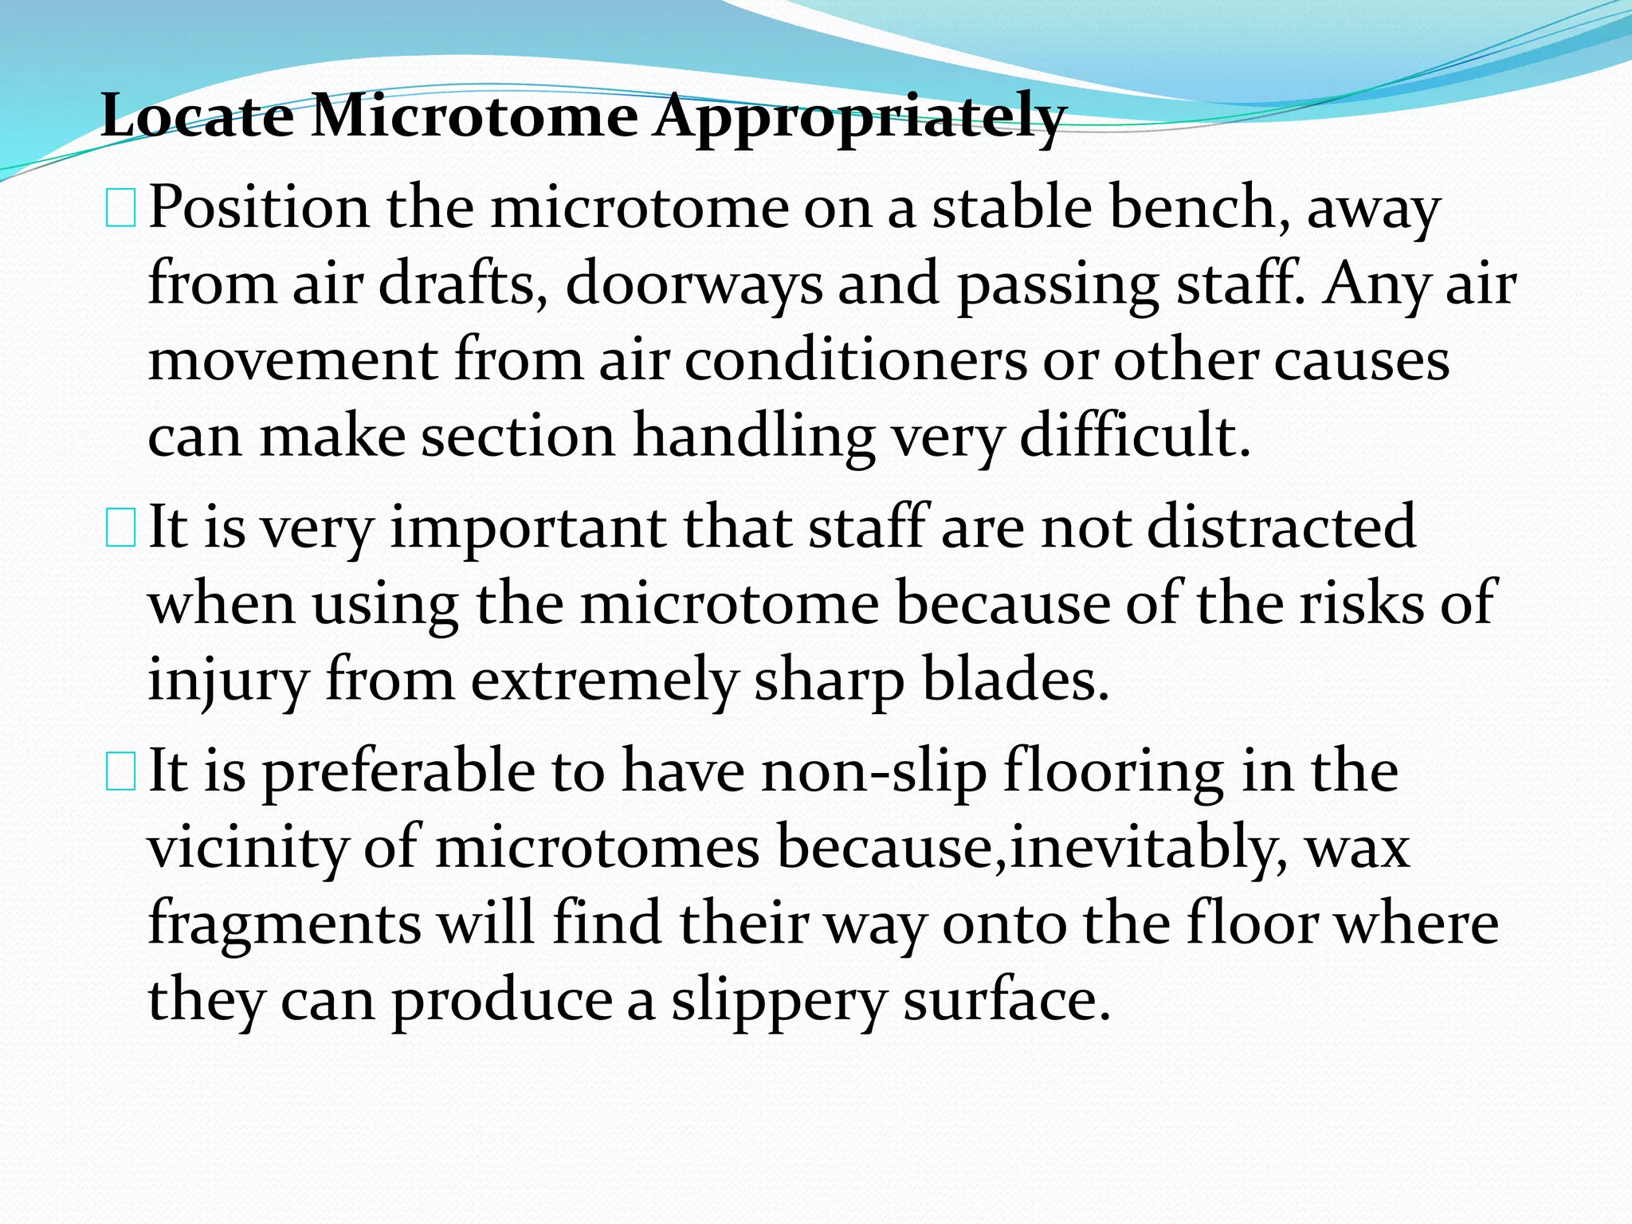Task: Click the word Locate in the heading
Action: tap(197, 117)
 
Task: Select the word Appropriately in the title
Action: tap(860, 117)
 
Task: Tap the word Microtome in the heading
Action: tap(474, 117)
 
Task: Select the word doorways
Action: tap(692, 284)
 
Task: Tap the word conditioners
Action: tap(856, 360)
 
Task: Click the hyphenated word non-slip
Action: tap(873, 771)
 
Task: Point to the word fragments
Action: tap(284, 924)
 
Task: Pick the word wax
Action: tap(1357, 849)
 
